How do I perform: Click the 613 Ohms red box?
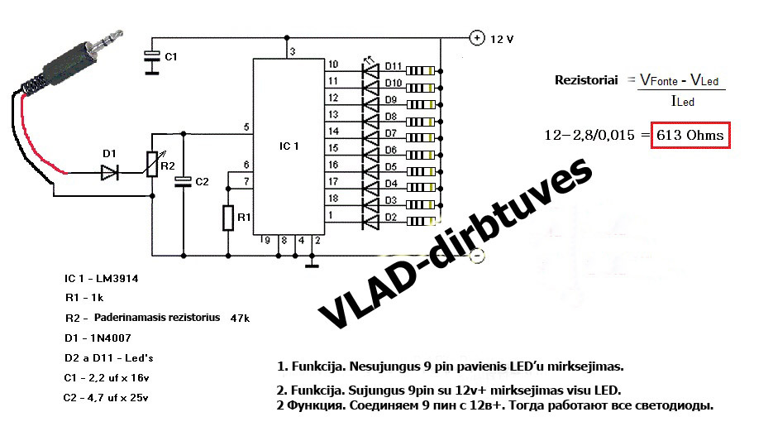point(690,134)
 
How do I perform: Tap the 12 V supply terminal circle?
point(477,38)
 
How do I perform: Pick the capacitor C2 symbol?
point(184,180)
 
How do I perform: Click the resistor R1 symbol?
point(227,218)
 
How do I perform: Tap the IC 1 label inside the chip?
point(290,145)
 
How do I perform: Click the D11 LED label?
point(393,66)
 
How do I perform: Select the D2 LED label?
point(391,218)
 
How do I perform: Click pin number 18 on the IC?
point(333,199)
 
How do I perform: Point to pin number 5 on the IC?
point(246,127)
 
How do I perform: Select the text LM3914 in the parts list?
point(115,279)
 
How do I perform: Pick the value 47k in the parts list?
point(240,318)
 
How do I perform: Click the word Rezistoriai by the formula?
point(586,79)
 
